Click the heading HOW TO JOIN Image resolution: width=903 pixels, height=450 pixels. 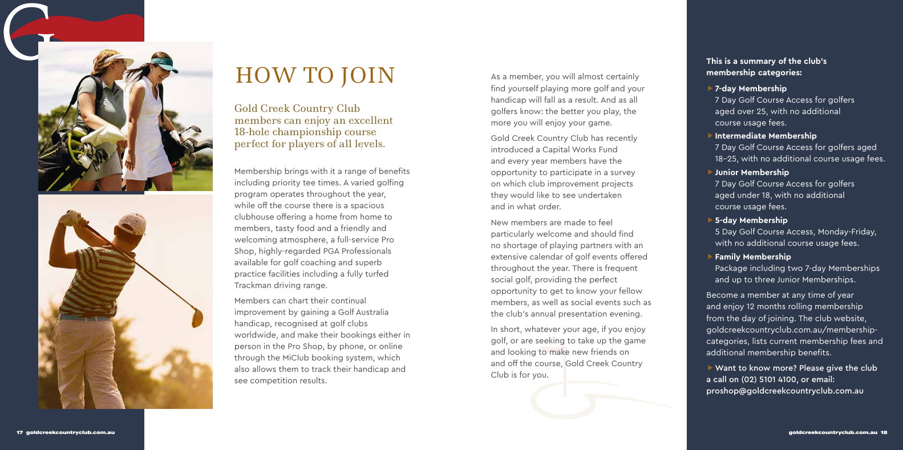click(x=315, y=76)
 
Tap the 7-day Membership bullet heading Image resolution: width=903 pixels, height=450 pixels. click(x=751, y=88)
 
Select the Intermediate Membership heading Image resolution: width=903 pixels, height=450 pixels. click(x=766, y=136)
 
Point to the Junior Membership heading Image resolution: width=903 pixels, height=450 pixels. click(x=752, y=172)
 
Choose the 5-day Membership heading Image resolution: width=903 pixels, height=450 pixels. click(x=751, y=220)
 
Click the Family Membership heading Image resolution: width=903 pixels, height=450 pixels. click(x=752, y=257)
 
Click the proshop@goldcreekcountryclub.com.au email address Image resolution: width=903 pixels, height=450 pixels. click(x=784, y=391)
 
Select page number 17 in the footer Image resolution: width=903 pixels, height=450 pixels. click(x=19, y=432)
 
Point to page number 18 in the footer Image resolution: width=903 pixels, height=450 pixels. click(x=884, y=432)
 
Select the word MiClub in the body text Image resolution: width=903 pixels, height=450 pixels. click(x=295, y=358)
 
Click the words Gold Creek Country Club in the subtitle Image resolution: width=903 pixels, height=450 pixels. click(x=297, y=108)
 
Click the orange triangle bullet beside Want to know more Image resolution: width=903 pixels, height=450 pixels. click(x=710, y=368)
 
